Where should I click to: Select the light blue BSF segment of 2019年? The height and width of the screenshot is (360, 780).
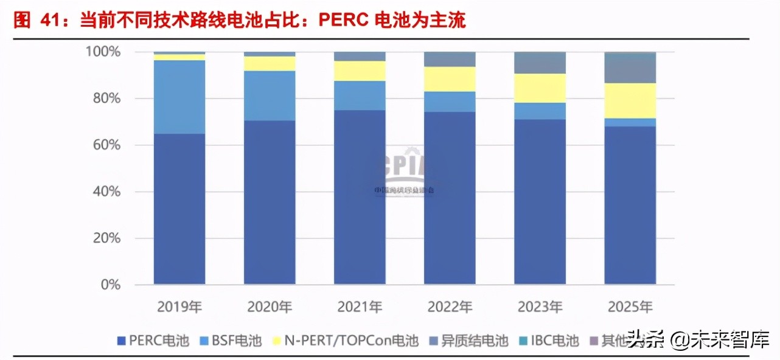(179, 97)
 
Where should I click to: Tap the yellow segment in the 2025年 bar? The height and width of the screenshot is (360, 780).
(630, 100)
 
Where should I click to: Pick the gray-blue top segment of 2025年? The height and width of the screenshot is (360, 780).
(630, 68)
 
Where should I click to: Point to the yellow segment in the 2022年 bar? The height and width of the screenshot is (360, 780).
(450, 79)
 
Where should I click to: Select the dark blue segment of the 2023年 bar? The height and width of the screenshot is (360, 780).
(540, 201)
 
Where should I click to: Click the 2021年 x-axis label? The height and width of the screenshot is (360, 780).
(360, 307)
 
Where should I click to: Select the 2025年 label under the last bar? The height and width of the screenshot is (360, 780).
(630, 307)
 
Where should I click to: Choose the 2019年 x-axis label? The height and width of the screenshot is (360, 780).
(179, 307)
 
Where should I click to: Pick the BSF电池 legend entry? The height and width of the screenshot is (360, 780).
(231, 341)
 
